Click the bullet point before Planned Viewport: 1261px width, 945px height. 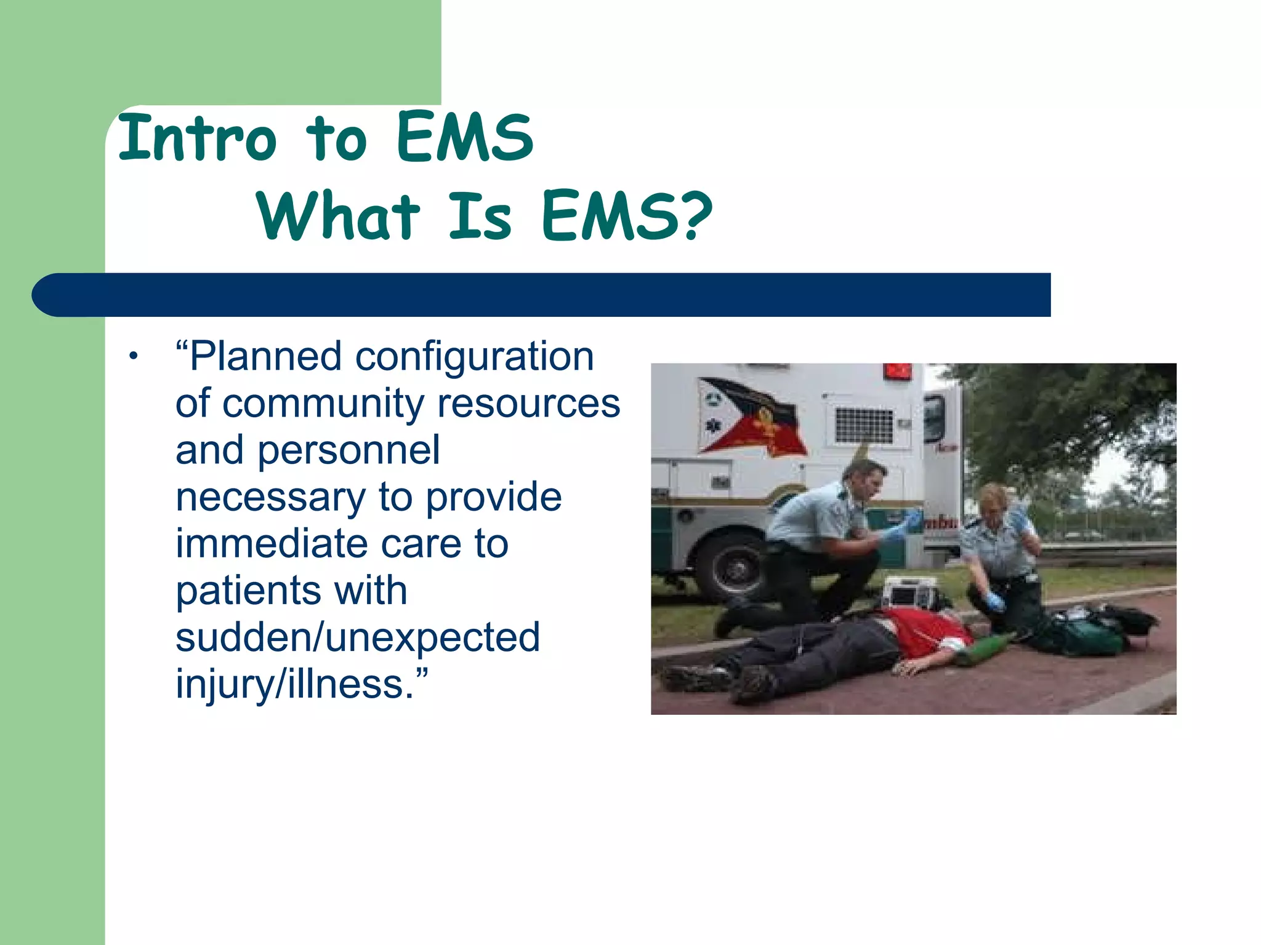click(133, 356)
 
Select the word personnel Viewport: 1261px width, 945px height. click(348, 450)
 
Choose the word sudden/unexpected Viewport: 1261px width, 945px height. click(357, 637)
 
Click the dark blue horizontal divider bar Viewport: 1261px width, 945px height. click(542, 295)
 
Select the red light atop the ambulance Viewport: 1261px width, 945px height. click(898, 371)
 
